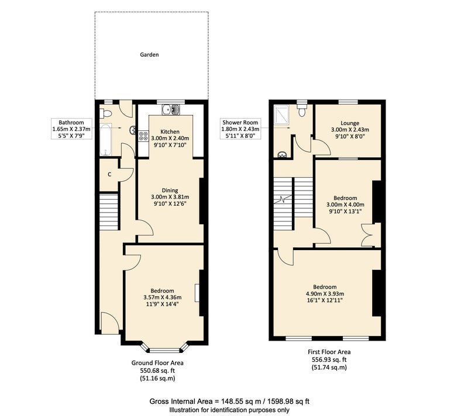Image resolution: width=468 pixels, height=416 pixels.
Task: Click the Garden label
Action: (x=149, y=54)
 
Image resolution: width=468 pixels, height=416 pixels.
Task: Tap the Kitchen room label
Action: (x=170, y=131)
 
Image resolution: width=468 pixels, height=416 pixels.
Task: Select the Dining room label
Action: (x=170, y=190)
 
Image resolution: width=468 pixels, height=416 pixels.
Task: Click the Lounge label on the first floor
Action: (x=350, y=123)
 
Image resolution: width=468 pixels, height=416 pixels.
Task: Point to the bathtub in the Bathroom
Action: (x=105, y=140)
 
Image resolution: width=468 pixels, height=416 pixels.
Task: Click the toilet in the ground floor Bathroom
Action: (x=105, y=113)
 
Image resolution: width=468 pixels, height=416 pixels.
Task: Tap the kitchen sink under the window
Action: (x=171, y=109)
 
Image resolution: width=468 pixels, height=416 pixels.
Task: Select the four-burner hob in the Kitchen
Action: (x=143, y=136)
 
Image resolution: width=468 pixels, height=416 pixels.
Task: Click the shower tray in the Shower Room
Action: (x=281, y=113)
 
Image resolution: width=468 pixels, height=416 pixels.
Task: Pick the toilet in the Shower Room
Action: (x=302, y=109)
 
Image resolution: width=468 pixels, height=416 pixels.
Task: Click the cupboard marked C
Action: (x=109, y=175)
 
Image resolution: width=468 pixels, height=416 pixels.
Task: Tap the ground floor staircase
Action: (x=109, y=212)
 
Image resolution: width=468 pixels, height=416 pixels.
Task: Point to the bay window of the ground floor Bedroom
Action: (x=165, y=349)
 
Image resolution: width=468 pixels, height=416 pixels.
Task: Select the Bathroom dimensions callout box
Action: (x=71, y=129)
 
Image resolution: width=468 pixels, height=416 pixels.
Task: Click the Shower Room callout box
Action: (x=240, y=129)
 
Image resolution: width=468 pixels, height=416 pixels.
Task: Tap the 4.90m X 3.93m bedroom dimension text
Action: (x=325, y=293)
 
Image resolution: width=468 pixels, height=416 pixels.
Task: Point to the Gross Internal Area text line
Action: (x=229, y=401)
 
